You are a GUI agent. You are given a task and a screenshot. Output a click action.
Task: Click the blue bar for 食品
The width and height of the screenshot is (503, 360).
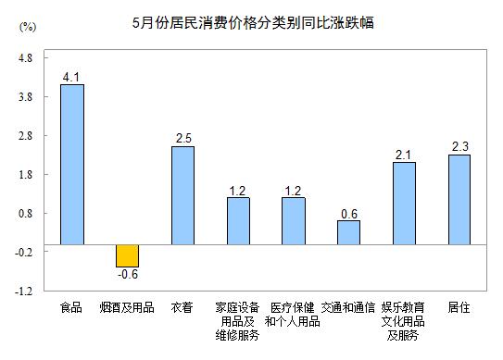pyautogui.click(x=71, y=164)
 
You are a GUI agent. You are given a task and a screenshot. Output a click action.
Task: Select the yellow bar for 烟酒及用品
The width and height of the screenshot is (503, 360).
pyautogui.click(x=127, y=255)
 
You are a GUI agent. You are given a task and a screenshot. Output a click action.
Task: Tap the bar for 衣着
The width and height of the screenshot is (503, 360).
pyautogui.click(x=182, y=195)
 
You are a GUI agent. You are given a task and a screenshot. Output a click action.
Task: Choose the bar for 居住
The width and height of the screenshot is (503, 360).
pyautogui.click(x=459, y=199)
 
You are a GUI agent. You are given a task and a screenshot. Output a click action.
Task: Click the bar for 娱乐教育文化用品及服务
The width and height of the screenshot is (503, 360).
pyautogui.click(x=404, y=203)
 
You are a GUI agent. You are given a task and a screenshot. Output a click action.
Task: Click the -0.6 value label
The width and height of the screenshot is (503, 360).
pyautogui.click(x=127, y=275)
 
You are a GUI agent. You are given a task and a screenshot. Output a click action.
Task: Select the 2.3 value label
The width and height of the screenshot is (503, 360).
pyautogui.click(x=459, y=146)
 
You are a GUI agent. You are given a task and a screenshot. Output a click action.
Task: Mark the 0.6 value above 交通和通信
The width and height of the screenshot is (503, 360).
pyautogui.click(x=348, y=213)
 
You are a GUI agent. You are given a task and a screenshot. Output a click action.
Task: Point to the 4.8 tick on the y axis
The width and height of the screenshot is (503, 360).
pyautogui.click(x=25, y=58)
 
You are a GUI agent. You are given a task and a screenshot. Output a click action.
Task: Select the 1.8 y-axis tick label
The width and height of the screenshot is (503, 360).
pyautogui.click(x=25, y=174)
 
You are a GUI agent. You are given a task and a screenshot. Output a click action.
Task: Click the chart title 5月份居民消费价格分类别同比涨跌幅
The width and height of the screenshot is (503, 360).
pyautogui.click(x=252, y=21)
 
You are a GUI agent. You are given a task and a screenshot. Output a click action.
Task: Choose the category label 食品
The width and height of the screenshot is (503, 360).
pyautogui.click(x=71, y=306)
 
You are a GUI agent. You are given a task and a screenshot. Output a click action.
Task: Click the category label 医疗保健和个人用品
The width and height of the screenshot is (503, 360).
pyautogui.click(x=293, y=314)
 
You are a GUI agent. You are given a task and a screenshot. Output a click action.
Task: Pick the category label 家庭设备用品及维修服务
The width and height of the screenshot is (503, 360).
pyautogui.click(x=238, y=321)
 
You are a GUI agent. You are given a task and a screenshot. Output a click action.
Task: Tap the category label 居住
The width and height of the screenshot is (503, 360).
pyautogui.click(x=459, y=306)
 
